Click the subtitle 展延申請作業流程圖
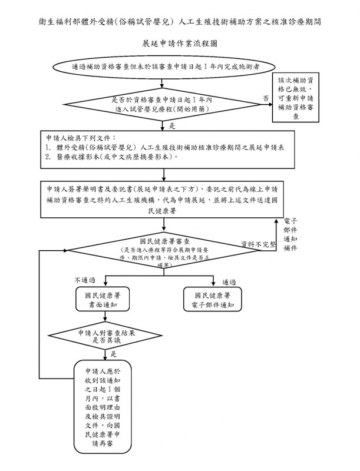[179, 45]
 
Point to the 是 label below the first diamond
[172, 126]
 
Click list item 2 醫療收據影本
[112, 158]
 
